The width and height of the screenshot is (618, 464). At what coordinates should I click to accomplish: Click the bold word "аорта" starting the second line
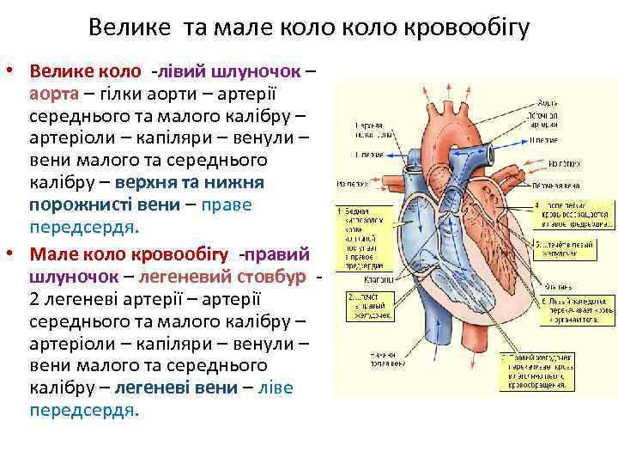[55, 92]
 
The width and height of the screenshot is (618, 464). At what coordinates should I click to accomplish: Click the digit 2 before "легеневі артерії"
[34, 299]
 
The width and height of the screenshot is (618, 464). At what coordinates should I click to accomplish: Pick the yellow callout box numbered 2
[368, 303]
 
